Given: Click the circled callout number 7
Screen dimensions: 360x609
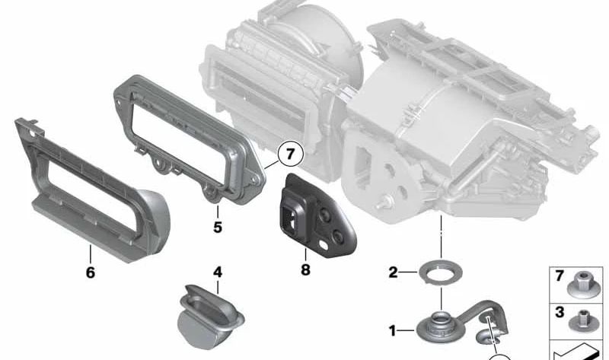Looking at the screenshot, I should pyautogui.click(x=290, y=155).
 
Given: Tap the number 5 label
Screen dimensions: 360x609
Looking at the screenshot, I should pyautogui.click(x=217, y=226).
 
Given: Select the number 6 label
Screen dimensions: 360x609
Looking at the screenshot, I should pyautogui.click(x=90, y=272).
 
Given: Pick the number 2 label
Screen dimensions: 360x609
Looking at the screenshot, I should pyautogui.click(x=393, y=272).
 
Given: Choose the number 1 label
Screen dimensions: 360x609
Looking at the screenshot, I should pyautogui.click(x=393, y=331).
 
